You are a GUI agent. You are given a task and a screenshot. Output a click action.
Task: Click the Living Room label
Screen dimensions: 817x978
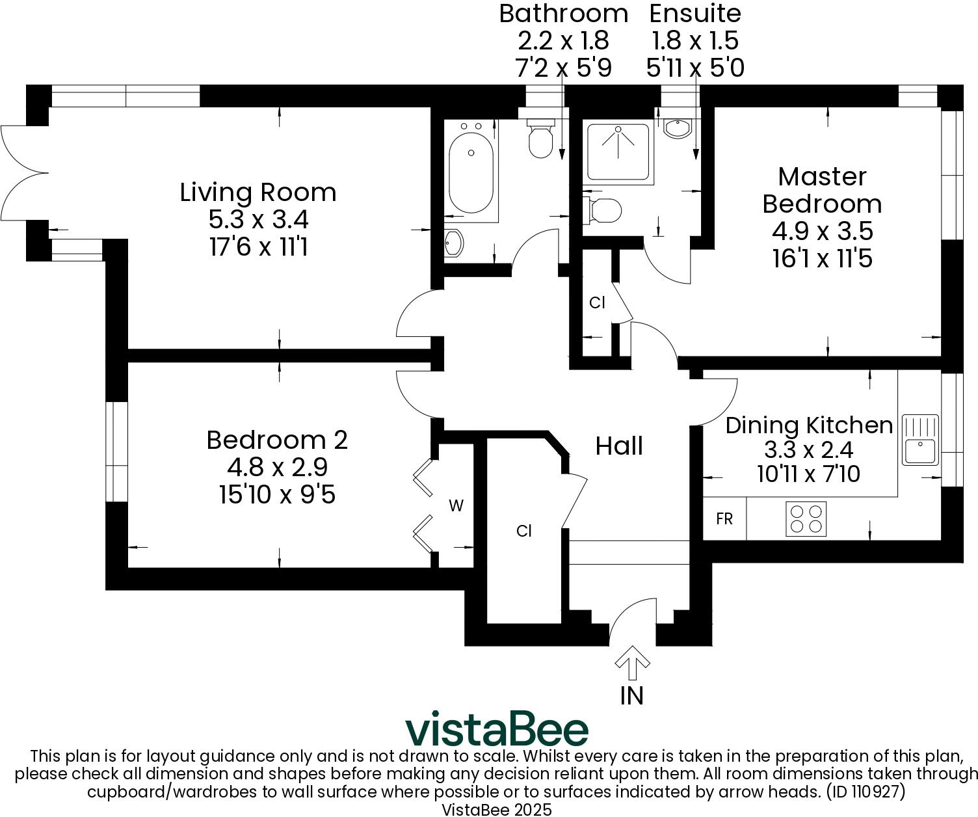point(258,193)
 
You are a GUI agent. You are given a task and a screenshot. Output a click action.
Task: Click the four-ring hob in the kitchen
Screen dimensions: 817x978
point(806,518)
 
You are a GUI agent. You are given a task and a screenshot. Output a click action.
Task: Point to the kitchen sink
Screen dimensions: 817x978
point(919,440)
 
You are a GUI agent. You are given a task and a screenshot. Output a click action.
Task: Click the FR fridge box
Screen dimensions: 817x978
point(724,518)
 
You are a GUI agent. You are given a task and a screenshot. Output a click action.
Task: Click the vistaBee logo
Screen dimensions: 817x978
point(497,730)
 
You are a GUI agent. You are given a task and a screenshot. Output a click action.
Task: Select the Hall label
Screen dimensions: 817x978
point(619,446)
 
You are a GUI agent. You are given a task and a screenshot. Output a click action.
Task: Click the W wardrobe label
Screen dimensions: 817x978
point(456,505)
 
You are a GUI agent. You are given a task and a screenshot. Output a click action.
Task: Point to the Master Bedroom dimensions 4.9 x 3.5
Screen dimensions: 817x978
point(822,231)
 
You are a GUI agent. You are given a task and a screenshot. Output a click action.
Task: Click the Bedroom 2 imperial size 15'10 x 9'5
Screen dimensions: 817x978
point(277,495)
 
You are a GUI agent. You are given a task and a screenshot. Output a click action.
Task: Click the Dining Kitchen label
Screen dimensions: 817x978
point(809,425)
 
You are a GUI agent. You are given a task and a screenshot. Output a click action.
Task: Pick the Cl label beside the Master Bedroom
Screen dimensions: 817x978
point(597,302)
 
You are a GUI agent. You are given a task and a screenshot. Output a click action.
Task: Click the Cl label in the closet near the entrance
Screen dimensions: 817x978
point(524,531)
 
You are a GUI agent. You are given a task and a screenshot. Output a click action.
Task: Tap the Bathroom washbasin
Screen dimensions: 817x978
point(453,243)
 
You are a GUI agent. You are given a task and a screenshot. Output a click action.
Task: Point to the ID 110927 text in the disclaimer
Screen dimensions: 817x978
point(864,792)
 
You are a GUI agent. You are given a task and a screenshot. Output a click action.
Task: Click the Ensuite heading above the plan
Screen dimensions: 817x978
point(695,13)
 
